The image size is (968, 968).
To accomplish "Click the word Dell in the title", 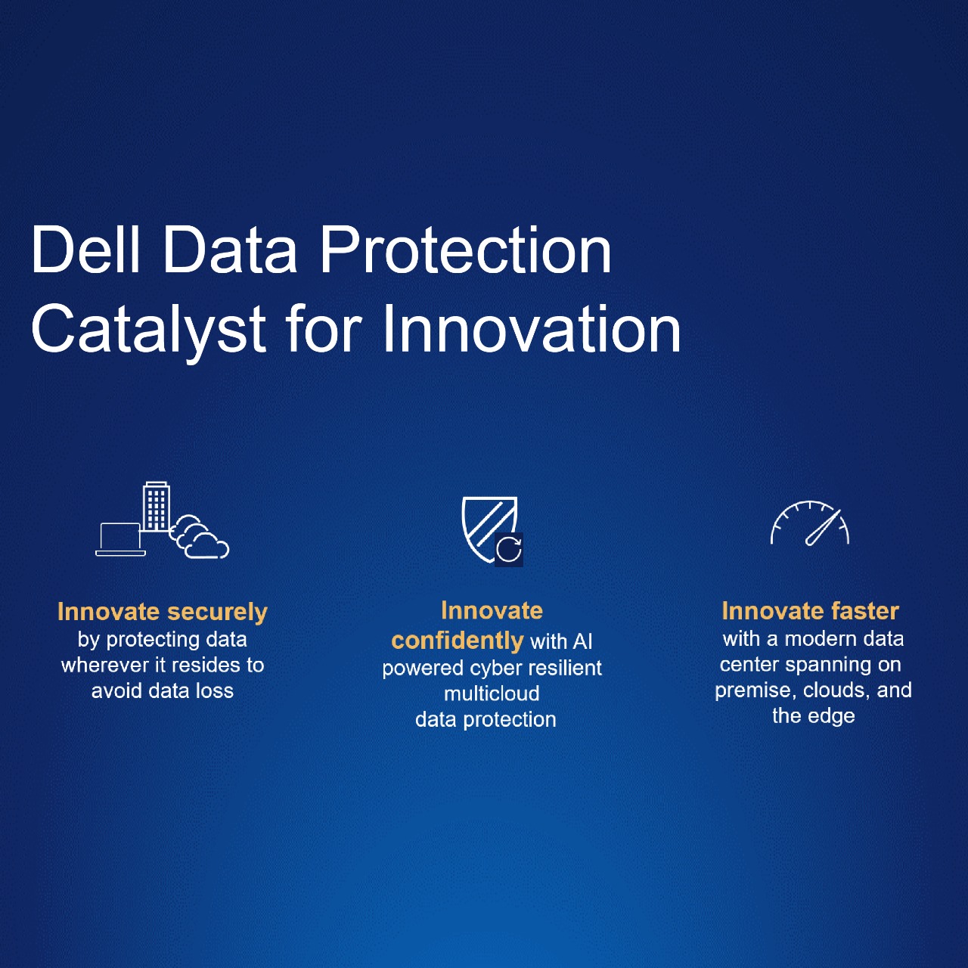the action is (x=85, y=250).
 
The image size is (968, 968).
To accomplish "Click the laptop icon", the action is (x=120, y=539).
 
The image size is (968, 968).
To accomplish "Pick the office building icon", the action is (x=157, y=507).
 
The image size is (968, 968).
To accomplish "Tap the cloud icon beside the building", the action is (x=199, y=536).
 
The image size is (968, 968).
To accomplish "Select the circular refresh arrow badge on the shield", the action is (x=508, y=549).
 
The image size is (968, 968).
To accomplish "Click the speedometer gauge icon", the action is (x=810, y=523).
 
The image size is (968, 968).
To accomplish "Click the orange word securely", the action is (x=217, y=613).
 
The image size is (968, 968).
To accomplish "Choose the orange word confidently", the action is (x=457, y=641).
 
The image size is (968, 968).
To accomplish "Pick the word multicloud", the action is (x=492, y=693).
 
